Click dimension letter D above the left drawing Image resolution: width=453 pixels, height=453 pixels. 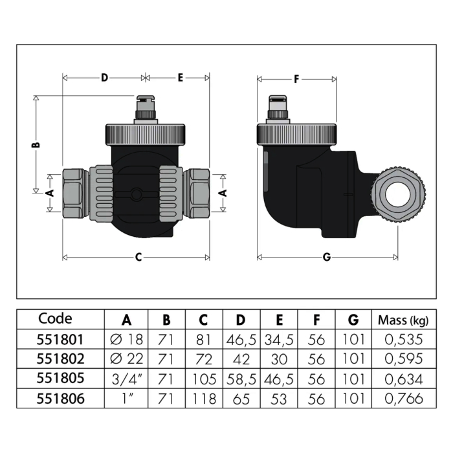click(104, 78)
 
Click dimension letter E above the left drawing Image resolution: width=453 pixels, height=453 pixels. click(181, 78)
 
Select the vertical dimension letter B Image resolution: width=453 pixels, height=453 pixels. click(36, 144)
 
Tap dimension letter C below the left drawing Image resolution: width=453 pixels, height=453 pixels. click(138, 257)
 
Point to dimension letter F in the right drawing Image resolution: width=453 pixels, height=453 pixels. click(296, 79)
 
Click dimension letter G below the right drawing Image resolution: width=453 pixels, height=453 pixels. click(327, 257)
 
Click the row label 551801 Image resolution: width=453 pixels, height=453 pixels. click(60, 340)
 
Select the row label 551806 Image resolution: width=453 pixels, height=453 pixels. click(60, 399)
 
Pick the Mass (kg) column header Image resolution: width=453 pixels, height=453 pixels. click(403, 320)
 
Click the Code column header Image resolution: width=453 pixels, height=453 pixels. click(55, 318)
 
